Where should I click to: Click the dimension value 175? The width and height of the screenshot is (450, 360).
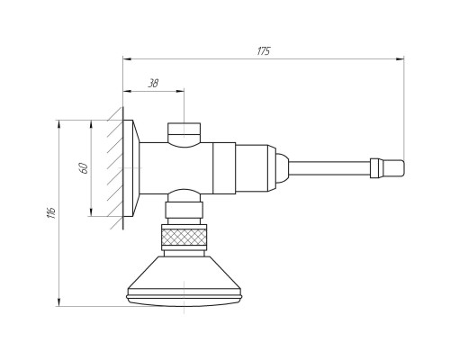pyautogui.click(x=264, y=51)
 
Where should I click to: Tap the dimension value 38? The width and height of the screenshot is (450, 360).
pyautogui.click(x=153, y=83)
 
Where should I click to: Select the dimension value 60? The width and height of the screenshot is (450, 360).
pyautogui.click(x=85, y=168)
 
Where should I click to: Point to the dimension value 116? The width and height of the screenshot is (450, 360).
pyautogui.click(x=52, y=212)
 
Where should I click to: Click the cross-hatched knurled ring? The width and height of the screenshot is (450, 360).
pyautogui.click(x=184, y=237)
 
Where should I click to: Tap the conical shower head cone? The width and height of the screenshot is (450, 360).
pyautogui.click(x=184, y=273)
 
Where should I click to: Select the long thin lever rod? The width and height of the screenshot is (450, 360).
pyautogui.click(x=329, y=169)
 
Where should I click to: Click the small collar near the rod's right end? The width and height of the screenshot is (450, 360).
pyautogui.click(x=374, y=168)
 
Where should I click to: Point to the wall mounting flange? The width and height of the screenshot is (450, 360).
pyautogui.click(x=130, y=168)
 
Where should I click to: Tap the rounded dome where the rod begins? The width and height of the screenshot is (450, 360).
pyautogui.click(x=283, y=168)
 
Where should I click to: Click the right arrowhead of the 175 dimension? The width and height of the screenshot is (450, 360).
pyautogui.click(x=400, y=58)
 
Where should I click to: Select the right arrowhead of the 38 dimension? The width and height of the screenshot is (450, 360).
pyautogui.click(x=180, y=91)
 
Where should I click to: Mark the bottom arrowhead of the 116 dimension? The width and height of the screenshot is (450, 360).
pyautogui.click(x=59, y=301)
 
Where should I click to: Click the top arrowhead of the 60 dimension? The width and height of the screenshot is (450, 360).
pyautogui.click(x=91, y=124)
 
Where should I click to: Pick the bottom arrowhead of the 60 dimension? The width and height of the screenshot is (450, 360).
pyautogui.click(x=91, y=211)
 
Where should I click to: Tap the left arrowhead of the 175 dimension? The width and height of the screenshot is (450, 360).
pyautogui.click(x=128, y=58)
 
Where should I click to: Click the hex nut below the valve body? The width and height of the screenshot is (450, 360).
pyautogui.click(x=184, y=210)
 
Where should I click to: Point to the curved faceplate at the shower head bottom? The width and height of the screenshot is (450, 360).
pyautogui.click(x=184, y=301)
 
